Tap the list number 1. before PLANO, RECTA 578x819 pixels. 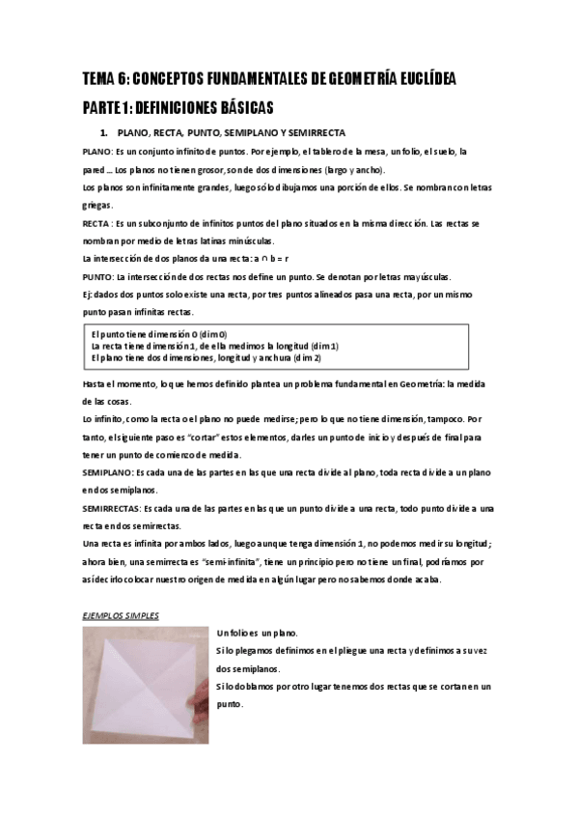click(104, 132)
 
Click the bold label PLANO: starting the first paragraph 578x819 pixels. click(96, 152)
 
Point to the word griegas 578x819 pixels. click(97, 206)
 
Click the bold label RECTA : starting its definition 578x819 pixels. click(98, 223)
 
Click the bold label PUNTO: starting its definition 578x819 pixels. click(97, 277)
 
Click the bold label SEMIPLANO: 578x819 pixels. click(113, 473)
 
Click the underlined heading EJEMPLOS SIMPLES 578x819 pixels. click(120, 615)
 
